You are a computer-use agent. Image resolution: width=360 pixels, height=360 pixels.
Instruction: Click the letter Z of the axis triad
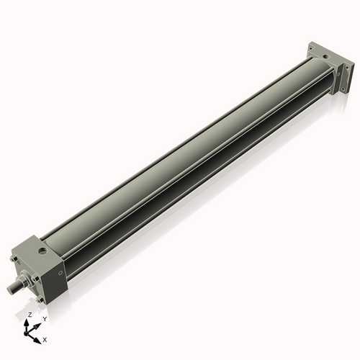point(30,315)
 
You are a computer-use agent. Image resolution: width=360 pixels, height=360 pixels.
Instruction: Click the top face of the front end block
point(36,248)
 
